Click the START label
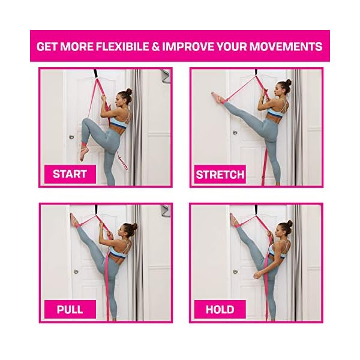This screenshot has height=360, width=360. (70, 174)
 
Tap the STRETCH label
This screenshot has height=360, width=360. (220, 175)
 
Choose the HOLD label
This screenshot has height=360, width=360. (219, 310)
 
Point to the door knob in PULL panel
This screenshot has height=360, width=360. (76, 271)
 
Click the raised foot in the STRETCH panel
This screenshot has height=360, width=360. (217, 97)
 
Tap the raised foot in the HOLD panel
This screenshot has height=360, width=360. (233, 221)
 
